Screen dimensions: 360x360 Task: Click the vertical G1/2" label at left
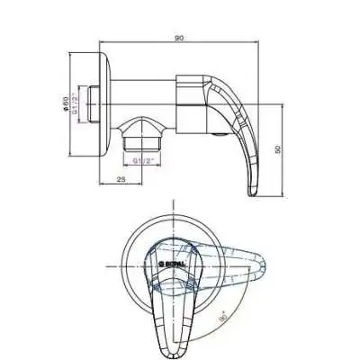tap(78, 103)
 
